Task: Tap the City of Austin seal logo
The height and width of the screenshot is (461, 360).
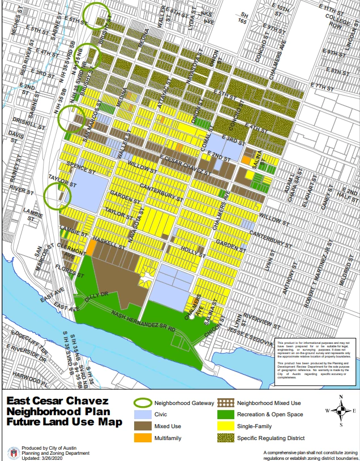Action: [14, 453]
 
